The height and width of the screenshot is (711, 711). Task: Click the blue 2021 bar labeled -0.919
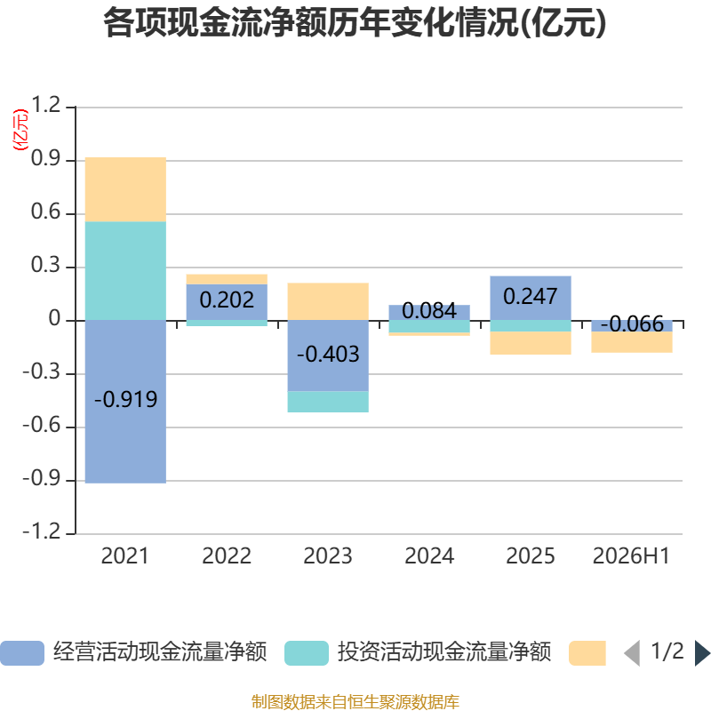(125, 402)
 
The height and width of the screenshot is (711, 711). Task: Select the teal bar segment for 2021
(125, 271)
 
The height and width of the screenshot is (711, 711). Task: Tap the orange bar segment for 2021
(125, 189)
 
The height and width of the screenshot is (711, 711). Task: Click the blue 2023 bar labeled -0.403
(328, 355)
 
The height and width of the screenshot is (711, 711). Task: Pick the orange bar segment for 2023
(328, 301)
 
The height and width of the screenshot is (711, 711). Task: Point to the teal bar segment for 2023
(328, 402)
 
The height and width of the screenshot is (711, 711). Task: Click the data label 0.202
(227, 300)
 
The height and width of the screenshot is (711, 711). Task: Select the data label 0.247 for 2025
(530, 297)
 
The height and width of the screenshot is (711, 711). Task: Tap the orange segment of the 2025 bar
(531, 343)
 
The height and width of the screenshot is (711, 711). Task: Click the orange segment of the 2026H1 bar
(632, 342)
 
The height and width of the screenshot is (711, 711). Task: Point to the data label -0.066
(632, 324)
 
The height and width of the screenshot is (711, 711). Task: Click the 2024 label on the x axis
(429, 556)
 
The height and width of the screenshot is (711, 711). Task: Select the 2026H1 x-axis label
(631, 556)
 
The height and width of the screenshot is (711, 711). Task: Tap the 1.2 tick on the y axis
(45, 105)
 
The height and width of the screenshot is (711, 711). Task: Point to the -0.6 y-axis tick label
(41, 426)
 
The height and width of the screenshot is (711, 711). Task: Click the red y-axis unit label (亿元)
(20, 130)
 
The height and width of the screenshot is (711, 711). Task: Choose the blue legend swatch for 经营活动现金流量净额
(22, 653)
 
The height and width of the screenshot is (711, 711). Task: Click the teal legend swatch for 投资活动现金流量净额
(307, 653)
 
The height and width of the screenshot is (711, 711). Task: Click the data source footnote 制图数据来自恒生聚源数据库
(355, 701)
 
